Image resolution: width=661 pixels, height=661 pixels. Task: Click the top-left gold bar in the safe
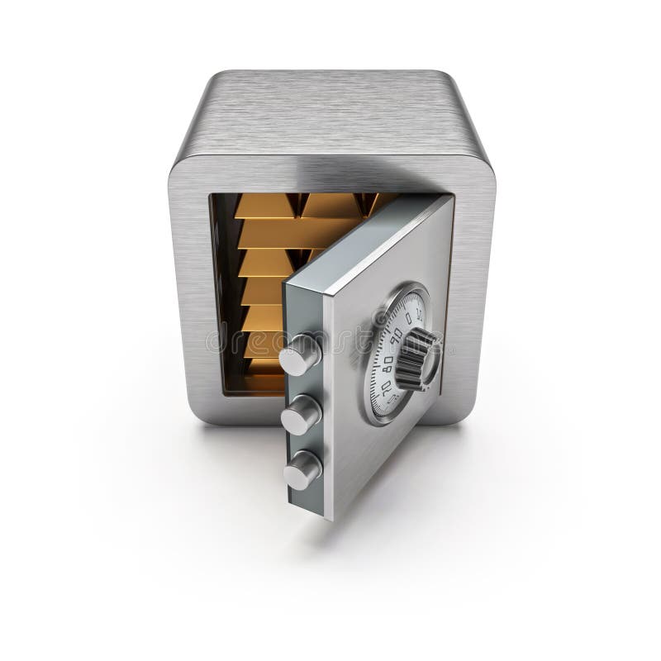tap(264, 206)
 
